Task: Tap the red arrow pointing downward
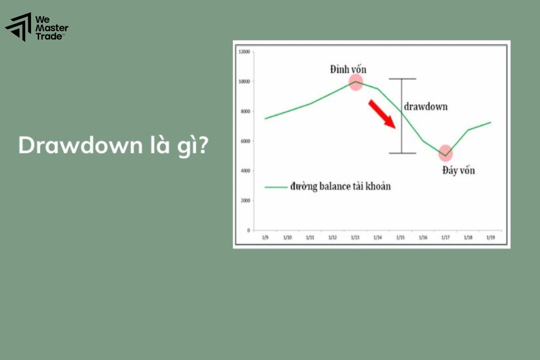click(x=382, y=114)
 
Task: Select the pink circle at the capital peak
click(x=356, y=82)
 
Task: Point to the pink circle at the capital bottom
click(x=445, y=153)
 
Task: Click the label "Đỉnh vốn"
click(x=348, y=69)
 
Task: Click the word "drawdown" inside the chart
click(x=426, y=107)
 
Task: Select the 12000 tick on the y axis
click(x=244, y=52)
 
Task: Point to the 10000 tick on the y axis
click(x=244, y=81)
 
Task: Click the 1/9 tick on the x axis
click(x=265, y=237)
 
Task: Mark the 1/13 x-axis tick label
click(x=355, y=237)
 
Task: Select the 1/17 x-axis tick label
click(x=445, y=237)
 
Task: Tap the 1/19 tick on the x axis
click(x=490, y=237)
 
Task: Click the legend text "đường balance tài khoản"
click(x=339, y=186)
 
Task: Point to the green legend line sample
click(x=275, y=187)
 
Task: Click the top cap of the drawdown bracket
click(x=402, y=79)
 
